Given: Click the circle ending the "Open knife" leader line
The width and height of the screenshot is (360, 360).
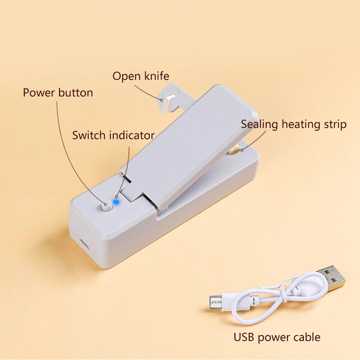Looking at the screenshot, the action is [161, 100].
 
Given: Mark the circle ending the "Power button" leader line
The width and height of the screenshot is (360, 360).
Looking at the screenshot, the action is [106, 204].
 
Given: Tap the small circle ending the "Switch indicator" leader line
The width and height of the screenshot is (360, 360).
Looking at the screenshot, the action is [117, 197].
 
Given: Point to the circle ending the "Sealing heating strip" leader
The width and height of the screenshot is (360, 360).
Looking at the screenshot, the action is [242, 150].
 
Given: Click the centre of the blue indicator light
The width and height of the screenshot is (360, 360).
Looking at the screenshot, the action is [116, 202].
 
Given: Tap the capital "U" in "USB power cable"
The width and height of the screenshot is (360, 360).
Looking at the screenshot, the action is [237, 337].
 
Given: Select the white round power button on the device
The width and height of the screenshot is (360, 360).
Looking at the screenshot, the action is [107, 206].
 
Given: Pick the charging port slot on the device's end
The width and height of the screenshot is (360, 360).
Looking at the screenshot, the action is [85, 244].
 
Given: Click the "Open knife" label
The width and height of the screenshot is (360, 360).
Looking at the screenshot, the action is [141, 76].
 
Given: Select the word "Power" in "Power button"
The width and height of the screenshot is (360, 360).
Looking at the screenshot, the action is [39, 92].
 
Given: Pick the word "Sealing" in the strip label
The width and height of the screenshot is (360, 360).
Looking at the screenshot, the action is [259, 125].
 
